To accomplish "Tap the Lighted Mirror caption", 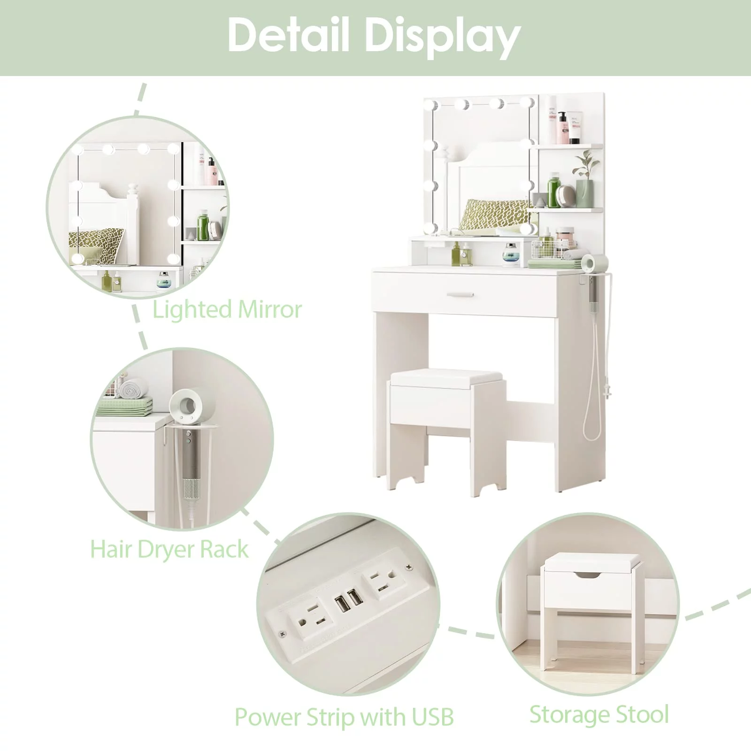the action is [227, 310].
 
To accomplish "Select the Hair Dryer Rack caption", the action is [169, 550].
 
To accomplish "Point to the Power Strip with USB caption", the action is [344, 717].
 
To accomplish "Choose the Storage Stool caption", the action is [599, 715].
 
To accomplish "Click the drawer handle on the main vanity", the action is [460, 295].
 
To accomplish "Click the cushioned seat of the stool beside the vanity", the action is [446, 378].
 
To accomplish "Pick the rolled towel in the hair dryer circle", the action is [133, 389].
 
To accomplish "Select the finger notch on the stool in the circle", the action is [589, 575].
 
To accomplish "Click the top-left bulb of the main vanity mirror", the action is [431, 105].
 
